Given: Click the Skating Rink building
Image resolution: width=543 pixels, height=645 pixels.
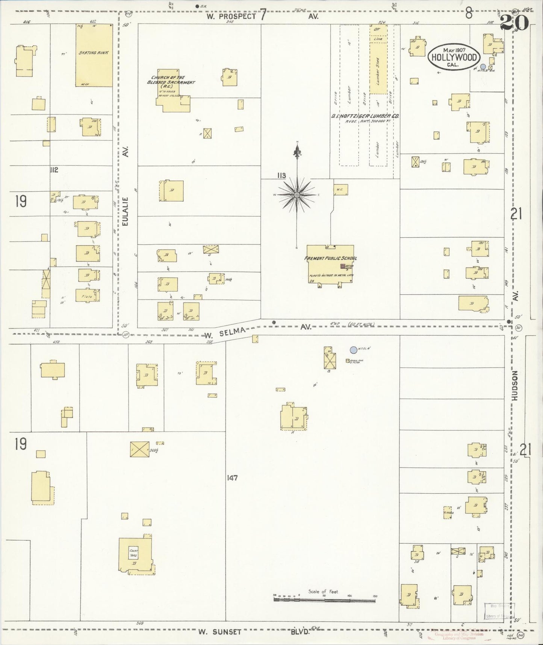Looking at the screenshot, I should pyautogui.click(x=94, y=56).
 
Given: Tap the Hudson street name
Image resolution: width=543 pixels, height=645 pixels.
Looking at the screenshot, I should pyautogui.click(x=515, y=385).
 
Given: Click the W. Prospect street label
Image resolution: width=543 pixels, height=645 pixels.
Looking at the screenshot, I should pyautogui.click(x=231, y=17).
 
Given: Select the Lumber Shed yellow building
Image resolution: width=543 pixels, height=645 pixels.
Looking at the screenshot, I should pyautogui.click(x=378, y=68).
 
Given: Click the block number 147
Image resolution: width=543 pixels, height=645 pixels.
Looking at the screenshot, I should pyautogui.click(x=232, y=478).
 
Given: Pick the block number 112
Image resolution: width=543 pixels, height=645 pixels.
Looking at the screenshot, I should pyautogui.click(x=54, y=170).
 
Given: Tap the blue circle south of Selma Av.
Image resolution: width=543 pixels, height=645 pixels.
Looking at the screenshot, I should pyautogui.click(x=353, y=350).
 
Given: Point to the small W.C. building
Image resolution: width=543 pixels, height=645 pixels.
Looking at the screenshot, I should pyautogui.click(x=340, y=189).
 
